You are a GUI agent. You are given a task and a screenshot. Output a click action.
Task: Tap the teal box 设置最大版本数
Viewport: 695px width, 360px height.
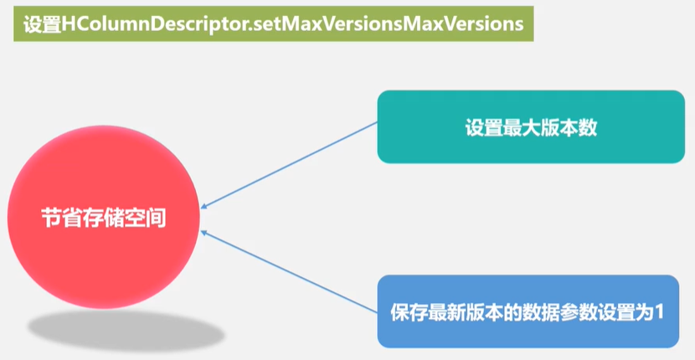530,126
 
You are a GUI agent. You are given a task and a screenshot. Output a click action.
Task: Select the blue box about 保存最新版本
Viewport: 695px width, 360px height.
528,311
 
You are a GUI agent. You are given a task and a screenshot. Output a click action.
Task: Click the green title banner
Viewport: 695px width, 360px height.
273,24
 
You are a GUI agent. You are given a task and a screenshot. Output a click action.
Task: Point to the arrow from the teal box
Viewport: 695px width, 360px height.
289,165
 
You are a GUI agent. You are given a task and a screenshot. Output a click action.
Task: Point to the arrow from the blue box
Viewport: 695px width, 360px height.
289,272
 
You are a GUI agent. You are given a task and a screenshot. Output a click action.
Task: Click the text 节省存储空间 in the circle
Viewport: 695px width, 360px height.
105,219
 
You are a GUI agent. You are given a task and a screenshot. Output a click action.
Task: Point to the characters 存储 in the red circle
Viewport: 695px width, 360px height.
104,219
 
